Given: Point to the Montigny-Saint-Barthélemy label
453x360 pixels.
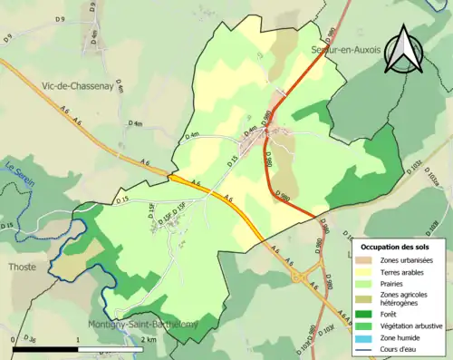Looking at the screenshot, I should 136,324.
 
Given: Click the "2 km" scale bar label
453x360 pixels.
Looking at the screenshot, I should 150,339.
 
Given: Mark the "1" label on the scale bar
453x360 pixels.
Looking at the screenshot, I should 78,339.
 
